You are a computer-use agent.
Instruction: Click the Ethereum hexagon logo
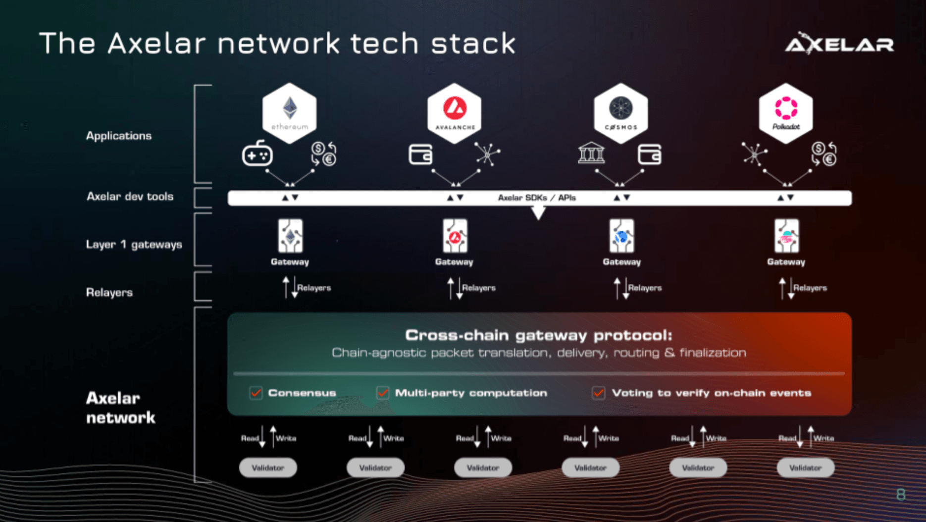pos(289,113)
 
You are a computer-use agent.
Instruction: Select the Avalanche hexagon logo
pos(455,113)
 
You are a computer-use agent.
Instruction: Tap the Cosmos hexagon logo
pos(620,113)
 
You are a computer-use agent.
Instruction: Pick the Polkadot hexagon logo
pos(786,113)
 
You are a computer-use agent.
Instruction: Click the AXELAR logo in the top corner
pos(840,44)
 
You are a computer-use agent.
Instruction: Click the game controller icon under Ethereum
pos(257,155)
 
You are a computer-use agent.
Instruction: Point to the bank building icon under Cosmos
pos(591,154)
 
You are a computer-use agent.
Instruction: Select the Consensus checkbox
pos(256,393)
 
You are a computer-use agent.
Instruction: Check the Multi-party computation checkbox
pos(383,393)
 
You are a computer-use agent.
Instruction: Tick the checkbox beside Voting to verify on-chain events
pos(599,393)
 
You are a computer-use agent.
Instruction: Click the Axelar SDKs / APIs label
pos(537,198)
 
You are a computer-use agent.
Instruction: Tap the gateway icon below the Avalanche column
pos(455,236)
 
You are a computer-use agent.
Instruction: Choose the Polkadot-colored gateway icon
pos(786,236)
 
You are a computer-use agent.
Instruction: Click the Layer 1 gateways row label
pos(134,245)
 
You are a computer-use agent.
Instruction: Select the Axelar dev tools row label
pos(130,197)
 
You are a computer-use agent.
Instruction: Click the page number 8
pos(901,494)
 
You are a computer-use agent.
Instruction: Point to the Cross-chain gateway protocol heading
pos(539,335)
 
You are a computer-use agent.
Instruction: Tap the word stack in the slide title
pos(473,44)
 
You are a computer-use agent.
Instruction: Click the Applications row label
pos(119,136)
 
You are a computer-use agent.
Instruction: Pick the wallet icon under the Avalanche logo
pos(420,155)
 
